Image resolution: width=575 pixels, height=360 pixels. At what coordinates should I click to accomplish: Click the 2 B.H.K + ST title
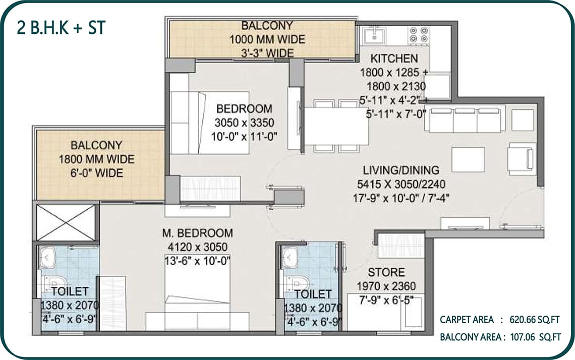pyautogui.click(x=61, y=28)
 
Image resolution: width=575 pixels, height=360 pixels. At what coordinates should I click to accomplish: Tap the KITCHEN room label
pyautogui.click(x=394, y=58)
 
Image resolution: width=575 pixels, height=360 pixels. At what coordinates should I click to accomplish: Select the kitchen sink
pyautogui.click(x=374, y=36)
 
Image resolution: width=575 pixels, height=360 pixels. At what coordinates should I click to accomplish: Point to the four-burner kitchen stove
pyautogui.click(x=419, y=35)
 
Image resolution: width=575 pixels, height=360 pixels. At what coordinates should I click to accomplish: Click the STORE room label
pyautogui.click(x=386, y=272)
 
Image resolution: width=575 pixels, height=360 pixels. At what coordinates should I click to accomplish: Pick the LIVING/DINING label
pyautogui.click(x=401, y=170)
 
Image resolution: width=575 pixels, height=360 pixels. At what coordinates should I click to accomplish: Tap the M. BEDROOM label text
pyautogui.click(x=197, y=233)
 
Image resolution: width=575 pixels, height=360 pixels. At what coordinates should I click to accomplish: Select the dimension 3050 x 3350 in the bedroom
pyautogui.click(x=244, y=123)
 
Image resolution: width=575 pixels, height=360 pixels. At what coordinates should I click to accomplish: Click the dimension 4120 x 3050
pyautogui.click(x=197, y=247)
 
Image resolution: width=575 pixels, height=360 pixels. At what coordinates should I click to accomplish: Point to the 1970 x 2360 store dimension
pyautogui.click(x=386, y=286)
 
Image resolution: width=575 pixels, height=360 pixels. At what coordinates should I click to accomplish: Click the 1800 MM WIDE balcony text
pyautogui.click(x=97, y=159)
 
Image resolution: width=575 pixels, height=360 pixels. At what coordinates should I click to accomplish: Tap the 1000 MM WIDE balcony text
pyautogui.click(x=267, y=39)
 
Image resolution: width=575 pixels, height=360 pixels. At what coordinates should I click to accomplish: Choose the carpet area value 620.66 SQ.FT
pyautogui.click(x=534, y=320)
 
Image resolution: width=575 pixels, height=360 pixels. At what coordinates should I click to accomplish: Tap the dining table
pyautogui.click(x=336, y=126)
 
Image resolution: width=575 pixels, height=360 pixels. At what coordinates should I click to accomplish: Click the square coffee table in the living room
pyautogui.click(x=468, y=159)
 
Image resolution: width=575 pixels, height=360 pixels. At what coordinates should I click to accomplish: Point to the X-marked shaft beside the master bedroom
pyautogui.click(x=66, y=222)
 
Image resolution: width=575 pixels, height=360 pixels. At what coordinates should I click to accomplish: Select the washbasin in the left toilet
pyautogui.click(x=46, y=257)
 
